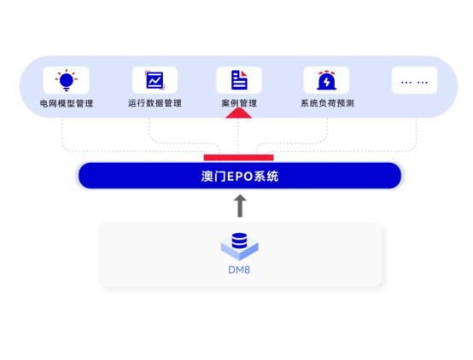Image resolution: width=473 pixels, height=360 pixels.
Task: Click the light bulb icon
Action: click(67, 80)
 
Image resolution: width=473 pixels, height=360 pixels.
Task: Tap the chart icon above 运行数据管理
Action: click(155, 80)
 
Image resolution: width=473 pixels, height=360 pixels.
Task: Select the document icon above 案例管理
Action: click(239, 80)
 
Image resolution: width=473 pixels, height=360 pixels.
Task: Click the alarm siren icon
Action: click(326, 80)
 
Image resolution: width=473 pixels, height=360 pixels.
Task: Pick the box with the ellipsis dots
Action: click(414, 80)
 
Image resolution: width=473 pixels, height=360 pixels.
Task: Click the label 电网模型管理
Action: click(67, 104)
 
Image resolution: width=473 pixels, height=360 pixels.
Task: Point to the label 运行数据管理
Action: click(155, 103)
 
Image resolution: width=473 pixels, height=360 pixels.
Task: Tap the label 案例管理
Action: click(239, 103)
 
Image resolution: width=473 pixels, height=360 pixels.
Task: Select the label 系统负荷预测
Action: click(327, 103)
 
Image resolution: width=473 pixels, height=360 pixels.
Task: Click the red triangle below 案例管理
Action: click(238, 113)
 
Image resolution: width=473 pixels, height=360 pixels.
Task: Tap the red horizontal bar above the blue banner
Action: click(238, 157)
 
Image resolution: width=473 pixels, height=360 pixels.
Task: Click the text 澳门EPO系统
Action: click(240, 177)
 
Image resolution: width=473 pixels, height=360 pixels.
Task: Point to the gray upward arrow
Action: click(240, 206)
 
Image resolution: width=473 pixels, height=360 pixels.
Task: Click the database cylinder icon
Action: click(240, 241)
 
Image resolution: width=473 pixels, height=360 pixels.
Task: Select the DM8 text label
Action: click(239, 270)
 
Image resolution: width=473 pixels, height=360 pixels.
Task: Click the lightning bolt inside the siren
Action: click(326, 81)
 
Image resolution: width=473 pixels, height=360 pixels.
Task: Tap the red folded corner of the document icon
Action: click(243, 73)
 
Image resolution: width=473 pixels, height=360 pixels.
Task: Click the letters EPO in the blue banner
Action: click(240, 177)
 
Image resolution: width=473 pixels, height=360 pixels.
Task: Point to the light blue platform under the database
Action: click(240, 249)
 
